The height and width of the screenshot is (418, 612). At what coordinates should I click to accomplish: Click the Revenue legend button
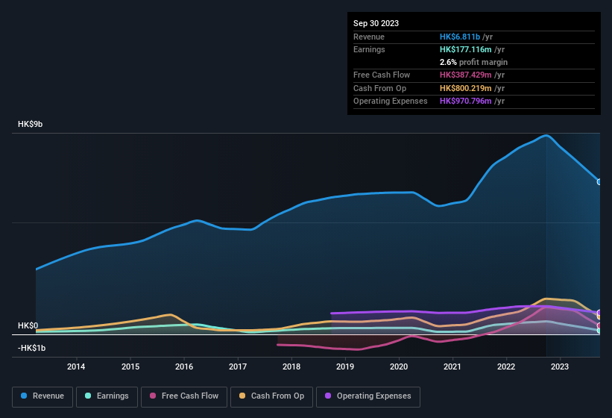tap(42, 396)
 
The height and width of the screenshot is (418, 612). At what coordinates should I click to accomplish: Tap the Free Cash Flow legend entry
tap(184, 396)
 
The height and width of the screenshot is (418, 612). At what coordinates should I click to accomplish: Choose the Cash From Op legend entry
tap(271, 396)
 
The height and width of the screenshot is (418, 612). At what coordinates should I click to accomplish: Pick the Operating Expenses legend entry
tap(368, 396)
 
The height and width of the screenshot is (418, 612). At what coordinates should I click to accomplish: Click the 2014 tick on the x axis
tap(76, 366)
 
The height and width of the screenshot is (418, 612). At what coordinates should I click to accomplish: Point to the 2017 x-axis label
tap(238, 366)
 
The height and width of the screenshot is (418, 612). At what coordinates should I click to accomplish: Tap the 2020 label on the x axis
tap(399, 366)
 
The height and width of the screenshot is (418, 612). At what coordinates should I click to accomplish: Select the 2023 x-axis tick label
tap(560, 366)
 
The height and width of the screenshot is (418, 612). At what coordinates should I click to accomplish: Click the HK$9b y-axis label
tap(31, 124)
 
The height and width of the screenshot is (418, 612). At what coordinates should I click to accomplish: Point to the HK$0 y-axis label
tap(28, 325)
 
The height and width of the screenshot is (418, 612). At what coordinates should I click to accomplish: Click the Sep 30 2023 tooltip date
tap(376, 23)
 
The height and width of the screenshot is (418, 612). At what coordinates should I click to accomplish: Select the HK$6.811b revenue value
tap(460, 37)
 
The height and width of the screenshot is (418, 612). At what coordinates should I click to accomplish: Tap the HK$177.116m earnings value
tap(466, 49)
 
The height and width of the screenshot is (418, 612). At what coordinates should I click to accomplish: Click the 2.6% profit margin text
tap(473, 62)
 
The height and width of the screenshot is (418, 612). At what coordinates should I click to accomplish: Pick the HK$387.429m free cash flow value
tap(467, 75)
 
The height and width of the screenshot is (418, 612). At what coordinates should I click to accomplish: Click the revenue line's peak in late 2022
tap(546, 135)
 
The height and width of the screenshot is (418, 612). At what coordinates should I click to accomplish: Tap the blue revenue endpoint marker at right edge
tap(599, 181)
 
